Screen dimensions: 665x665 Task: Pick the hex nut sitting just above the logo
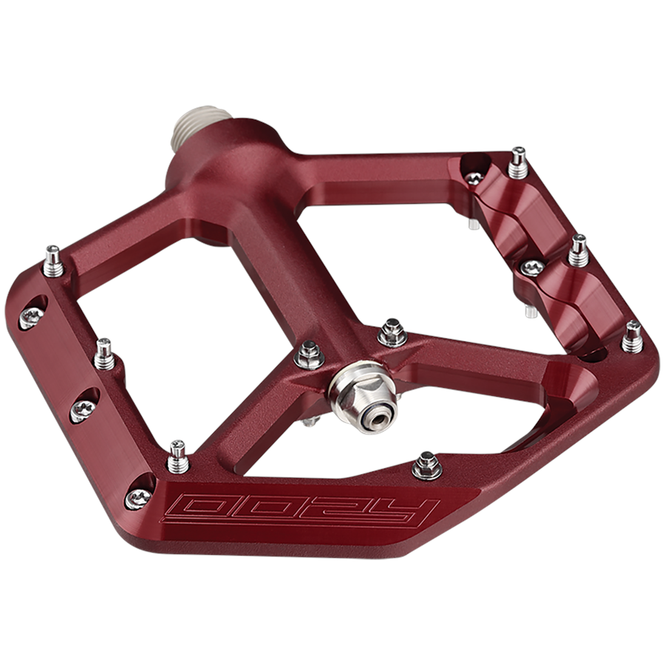coord(426,465)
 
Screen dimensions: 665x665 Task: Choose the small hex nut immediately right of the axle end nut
coord(392,335)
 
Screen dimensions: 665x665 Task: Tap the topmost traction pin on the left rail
coord(52,261)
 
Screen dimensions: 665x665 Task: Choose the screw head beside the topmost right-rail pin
coord(474,177)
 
